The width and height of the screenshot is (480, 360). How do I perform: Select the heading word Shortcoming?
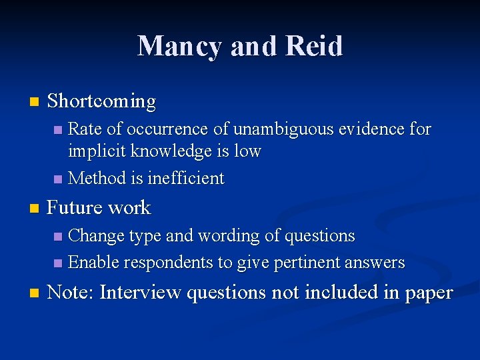[101, 101]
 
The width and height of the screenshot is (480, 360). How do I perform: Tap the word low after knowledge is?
[247, 151]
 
